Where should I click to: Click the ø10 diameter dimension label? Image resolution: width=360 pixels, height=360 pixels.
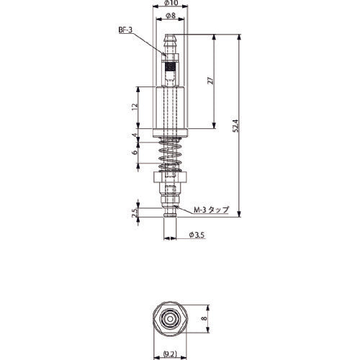click(171, 5)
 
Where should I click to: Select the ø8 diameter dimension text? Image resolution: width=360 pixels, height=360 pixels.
click(171, 14)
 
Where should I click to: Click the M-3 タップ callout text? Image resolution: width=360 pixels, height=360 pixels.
click(211, 210)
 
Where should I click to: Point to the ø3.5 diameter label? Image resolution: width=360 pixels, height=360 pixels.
click(195, 235)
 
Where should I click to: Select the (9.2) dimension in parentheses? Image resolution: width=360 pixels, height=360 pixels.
click(171, 354)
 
